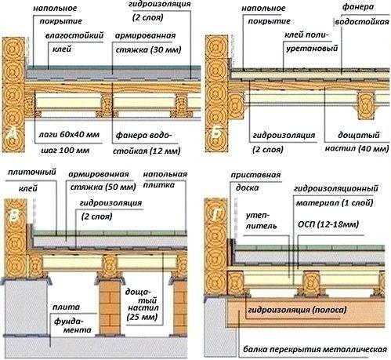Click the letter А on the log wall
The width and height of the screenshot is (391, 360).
[13, 134]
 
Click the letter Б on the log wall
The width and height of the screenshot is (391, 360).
[215, 133]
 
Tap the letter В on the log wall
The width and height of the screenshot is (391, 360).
[14, 216]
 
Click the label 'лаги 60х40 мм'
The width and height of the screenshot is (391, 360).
[69, 135]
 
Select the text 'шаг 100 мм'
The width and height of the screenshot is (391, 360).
[65, 151]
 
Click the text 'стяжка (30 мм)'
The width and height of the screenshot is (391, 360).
[148, 49]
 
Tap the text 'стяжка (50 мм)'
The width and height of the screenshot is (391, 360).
[103, 187]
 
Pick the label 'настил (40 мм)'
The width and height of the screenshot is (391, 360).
[357, 148]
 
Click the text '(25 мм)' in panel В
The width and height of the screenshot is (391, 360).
[142, 317]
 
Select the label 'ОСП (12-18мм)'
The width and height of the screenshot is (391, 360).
[328, 224]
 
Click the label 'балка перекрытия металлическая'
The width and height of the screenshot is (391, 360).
[315, 349]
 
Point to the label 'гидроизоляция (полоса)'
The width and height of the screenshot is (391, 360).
[297, 310]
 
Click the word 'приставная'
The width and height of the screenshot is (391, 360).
[255, 175]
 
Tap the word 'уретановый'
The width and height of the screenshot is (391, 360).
[312, 49]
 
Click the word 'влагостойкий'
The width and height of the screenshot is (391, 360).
[74, 35]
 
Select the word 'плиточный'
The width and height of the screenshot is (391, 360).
[32, 172]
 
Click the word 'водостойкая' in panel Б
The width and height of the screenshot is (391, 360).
[362, 21]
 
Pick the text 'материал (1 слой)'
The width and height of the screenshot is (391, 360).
[335, 202]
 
